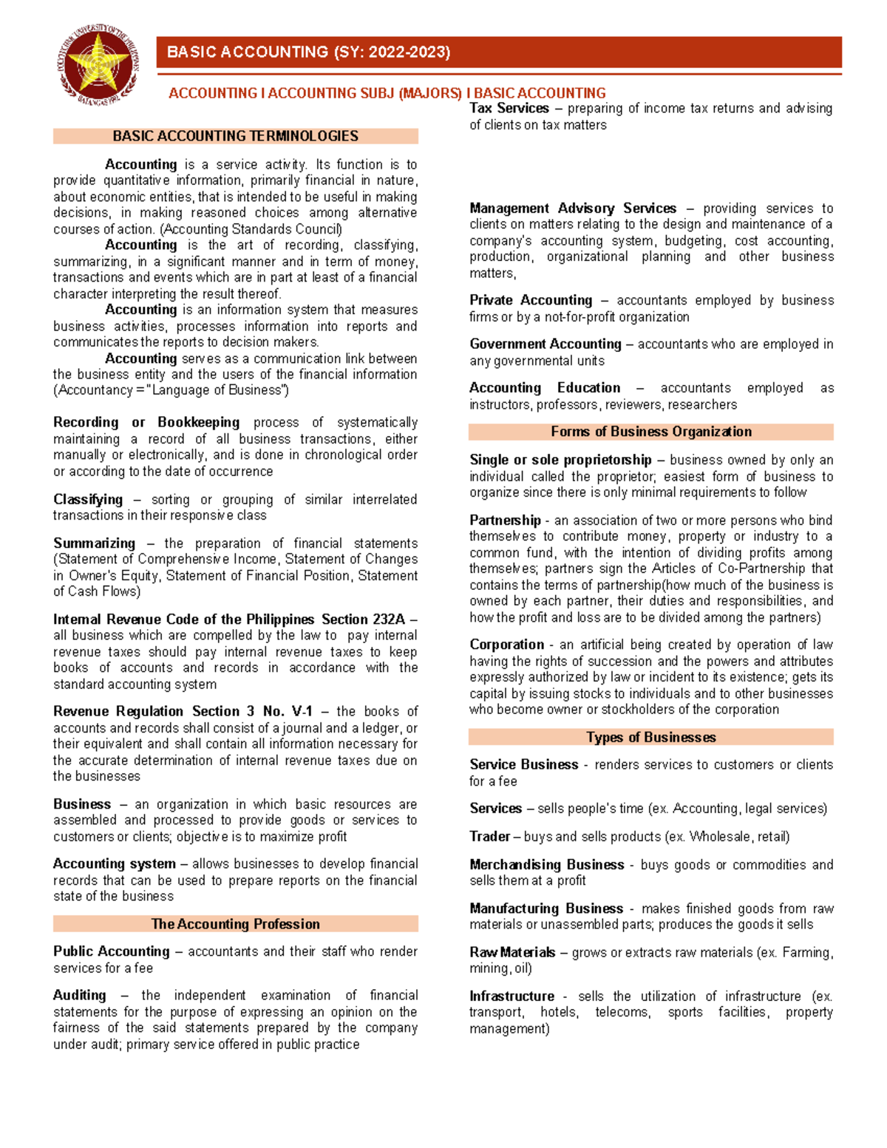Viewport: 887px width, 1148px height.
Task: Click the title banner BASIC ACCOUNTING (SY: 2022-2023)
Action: tap(308, 52)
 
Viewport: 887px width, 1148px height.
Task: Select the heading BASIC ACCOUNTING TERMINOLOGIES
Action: tap(235, 136)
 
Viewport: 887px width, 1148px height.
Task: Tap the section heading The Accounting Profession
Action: tap(235, 924)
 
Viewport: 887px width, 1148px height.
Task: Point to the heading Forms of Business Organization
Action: tap(650, 432)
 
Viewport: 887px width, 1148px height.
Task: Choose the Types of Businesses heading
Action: tap(650, 737)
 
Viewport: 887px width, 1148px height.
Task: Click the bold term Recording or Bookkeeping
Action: tap(146, 422)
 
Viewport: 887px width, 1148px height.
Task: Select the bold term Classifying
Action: tap(88, 500)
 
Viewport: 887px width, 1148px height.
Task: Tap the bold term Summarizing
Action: tap(94, 543)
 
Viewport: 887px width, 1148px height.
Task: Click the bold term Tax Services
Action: tap(509, 108)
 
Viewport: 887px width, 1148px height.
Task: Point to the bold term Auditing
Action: tap(79, 996)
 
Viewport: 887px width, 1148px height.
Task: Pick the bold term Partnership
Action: tap(505, 520)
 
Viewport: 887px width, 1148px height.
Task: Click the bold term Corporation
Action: tap(506, 645)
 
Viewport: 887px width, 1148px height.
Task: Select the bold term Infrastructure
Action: tap(512, 996)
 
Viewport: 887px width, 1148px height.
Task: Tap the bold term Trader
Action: tap(489, 837)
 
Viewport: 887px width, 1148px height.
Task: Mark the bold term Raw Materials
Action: tap(512, 953)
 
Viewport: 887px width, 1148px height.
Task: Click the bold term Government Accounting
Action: tap(545, 344)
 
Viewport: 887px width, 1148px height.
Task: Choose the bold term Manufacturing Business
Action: tap(546, 908)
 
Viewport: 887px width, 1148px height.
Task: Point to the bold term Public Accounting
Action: tap(111, 951)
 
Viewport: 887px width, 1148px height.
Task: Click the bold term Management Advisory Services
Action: tap(573, 208)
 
